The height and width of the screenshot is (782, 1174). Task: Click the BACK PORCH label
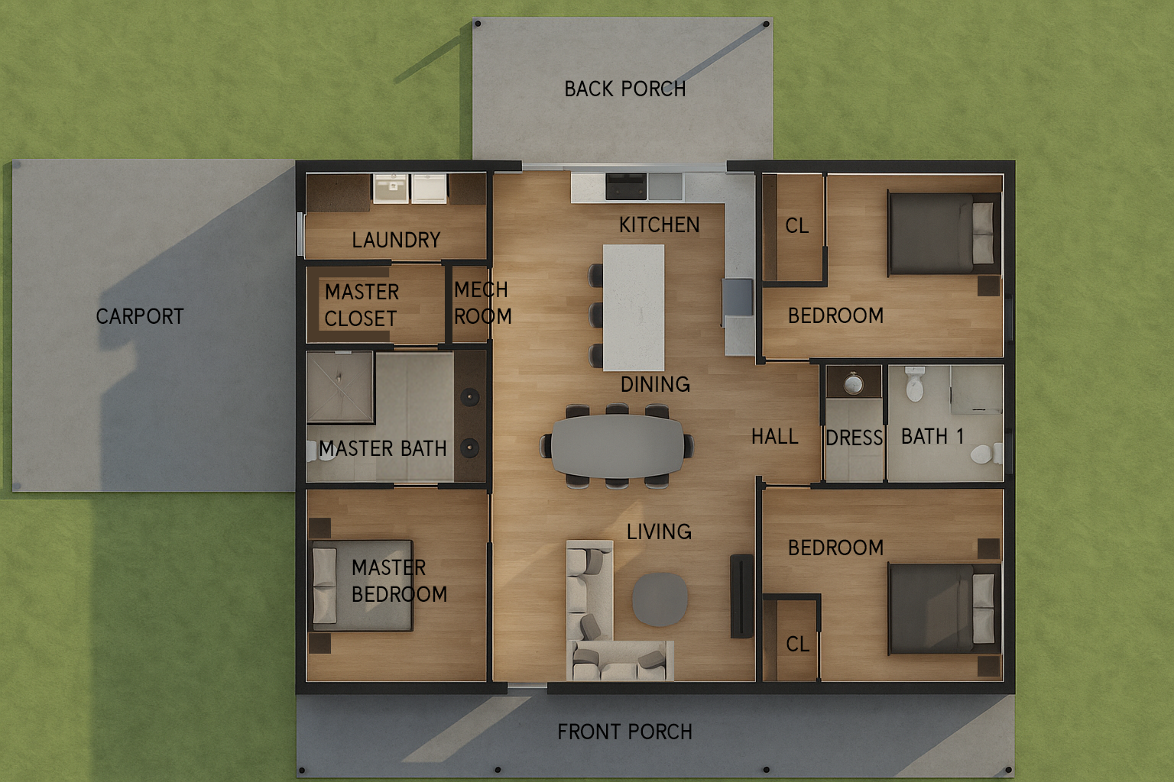(624, 89)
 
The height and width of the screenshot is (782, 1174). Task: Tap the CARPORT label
(140, 316)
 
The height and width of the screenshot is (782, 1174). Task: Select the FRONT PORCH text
(624, 732)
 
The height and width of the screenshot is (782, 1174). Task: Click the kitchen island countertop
(634, 308)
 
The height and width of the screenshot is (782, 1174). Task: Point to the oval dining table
(618, 446)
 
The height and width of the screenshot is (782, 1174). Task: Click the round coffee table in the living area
(660, 599)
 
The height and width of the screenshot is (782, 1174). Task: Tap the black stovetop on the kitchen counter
(626, 186)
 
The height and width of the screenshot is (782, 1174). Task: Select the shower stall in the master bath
(340, 387)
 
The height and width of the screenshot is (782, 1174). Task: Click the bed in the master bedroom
(362, 586)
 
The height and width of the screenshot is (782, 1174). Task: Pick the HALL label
(774, 436)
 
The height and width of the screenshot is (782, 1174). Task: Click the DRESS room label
(855, 438)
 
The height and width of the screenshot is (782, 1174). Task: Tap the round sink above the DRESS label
(854, 384)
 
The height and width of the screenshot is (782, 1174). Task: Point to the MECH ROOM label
(482, 302)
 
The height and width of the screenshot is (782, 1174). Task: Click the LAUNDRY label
(396, 241)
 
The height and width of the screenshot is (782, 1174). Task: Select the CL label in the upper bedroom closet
(797, 226)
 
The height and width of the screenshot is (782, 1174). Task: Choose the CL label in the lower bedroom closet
(798, 645)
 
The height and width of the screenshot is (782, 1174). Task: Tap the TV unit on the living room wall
(741, 596)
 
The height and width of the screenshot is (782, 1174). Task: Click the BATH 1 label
(933, 436)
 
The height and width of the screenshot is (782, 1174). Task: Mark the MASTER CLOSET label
(362, 305)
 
